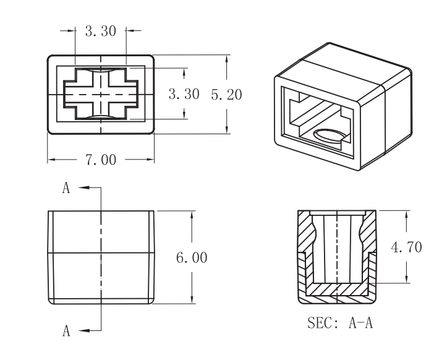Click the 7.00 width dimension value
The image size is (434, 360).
click(101, 160)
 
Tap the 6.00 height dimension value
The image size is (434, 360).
click(192, 257)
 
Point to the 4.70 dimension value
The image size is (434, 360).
click(407, 247)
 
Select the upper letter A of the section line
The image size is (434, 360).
click(66, 189)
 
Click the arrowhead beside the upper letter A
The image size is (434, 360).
click(82, 187)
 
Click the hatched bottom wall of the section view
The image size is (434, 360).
click(337, 289)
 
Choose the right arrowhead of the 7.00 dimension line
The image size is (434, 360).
click(150, 160)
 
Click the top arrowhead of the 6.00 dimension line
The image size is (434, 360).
click(192, 214)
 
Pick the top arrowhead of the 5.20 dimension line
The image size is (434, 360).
click(227, 59)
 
